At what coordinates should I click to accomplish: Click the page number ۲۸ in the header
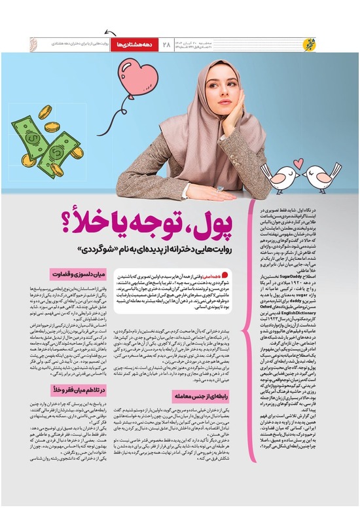coord(166,44)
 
